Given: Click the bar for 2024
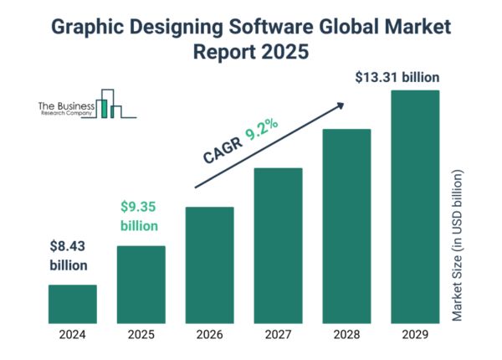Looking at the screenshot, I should tap(72, 302).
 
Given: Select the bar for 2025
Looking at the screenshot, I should tap(141, 283).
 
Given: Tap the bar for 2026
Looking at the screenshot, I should tap(209, 264).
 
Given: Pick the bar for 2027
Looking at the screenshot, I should tap(278, 244).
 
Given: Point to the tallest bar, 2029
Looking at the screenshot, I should tap(415, 205).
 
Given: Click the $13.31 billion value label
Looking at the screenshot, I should tap(397, 78).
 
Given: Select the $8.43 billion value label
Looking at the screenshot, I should tap(68, 256).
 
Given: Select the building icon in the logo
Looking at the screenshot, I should tap(109, 104).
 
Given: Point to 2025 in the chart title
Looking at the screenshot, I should tap(281, 51).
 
